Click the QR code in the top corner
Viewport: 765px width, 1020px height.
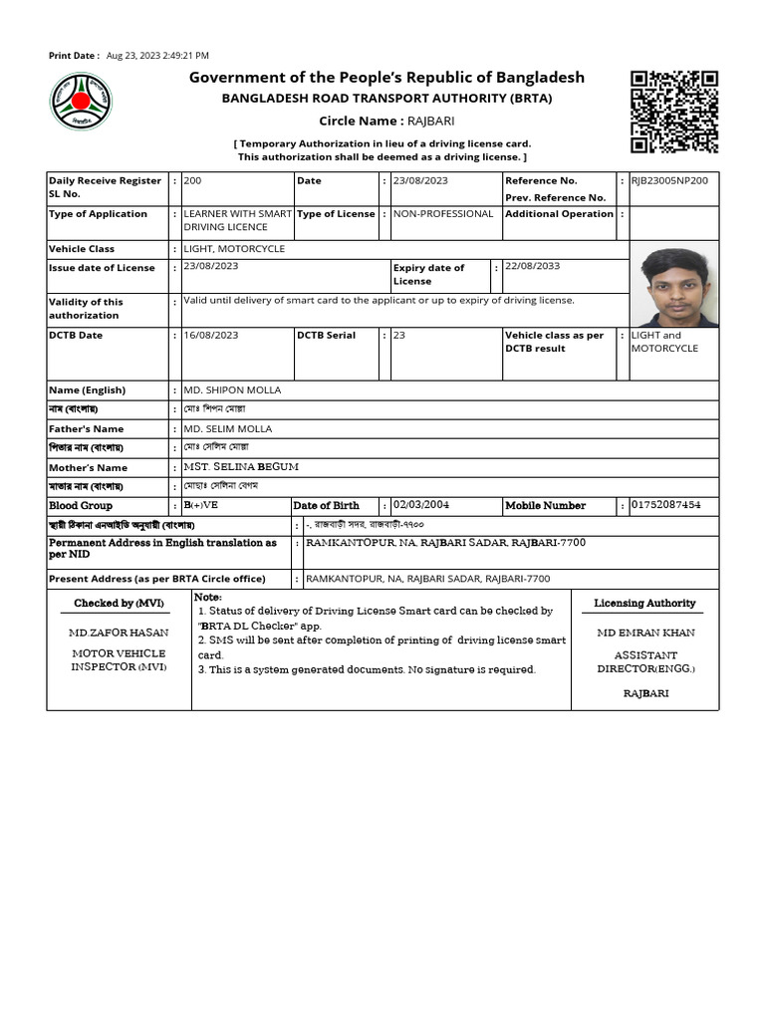tap(674, 112)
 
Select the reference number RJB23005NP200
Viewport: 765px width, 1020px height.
tap(670, 180)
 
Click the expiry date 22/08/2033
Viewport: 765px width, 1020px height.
tap(533, 267)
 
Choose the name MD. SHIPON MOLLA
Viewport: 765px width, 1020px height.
tap(232, 389)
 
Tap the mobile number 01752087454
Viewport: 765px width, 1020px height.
tap(665, 505)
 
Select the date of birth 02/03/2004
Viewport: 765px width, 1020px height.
tap(428, 505)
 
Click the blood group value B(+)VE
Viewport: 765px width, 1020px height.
tap(201, 505)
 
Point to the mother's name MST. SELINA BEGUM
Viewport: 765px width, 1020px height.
tap(241, 466)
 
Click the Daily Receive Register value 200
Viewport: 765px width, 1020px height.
tap(192, 180)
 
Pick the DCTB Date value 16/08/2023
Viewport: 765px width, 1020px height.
tap(211, 335)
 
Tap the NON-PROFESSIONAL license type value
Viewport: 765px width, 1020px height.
tap(443, 213)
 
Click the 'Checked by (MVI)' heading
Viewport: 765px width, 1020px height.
tap(118, 603)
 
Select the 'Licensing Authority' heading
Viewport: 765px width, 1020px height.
tap(644, 603)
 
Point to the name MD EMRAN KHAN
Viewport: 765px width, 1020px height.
tap(645, 633)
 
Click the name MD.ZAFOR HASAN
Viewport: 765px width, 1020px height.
tap(118, 633)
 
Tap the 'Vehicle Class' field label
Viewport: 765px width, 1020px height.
tap(82, 248)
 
